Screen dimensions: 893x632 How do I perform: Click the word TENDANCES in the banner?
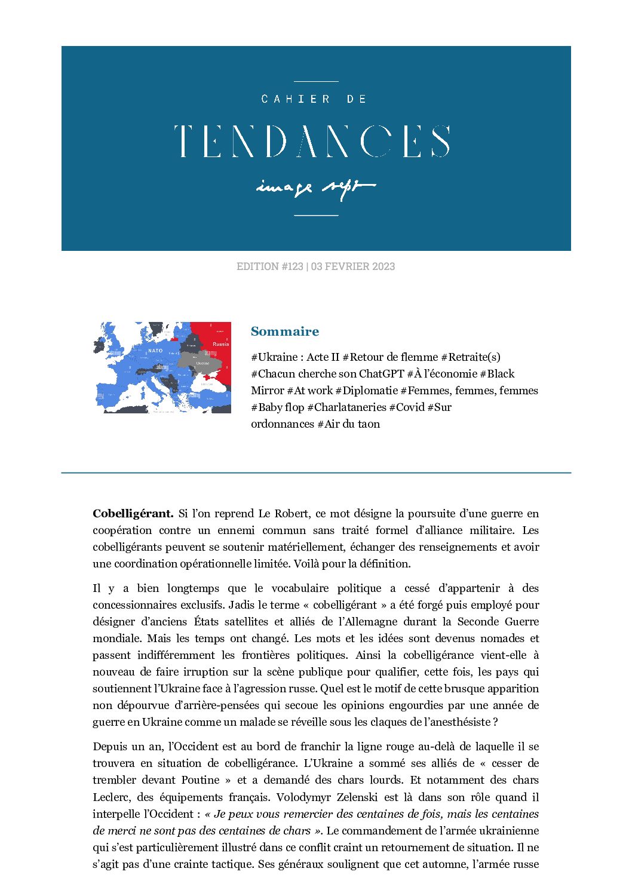click(312, 142)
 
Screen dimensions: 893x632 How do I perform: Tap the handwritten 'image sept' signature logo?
click(315, 188)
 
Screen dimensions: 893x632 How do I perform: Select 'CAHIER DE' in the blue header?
click(314, 99)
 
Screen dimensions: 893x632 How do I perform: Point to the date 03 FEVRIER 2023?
click(353, 266)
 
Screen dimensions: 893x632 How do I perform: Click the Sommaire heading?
click(285, 332)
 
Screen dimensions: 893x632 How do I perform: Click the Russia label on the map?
click(220, 344)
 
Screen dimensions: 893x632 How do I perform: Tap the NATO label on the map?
click(155, 351)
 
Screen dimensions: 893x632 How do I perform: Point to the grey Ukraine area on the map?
click(202, 363)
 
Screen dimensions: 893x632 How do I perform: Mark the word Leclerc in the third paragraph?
click(111, 797)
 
